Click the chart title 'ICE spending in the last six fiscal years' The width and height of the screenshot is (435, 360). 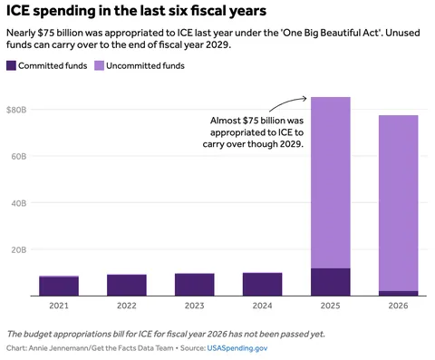pos(136,12)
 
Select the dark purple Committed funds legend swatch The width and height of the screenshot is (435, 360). pos(12,66)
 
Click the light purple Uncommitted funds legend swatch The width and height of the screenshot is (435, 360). pos(99,66)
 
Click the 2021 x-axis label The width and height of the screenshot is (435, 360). pos(59,306)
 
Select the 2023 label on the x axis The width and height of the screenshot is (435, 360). pos(194,306)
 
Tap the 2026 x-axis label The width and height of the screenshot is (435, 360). pos(398,306)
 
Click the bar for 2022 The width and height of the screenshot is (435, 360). pos(127,285)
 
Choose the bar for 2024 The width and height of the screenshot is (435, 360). pos(263,284)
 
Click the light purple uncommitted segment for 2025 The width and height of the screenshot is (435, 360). pos(330,181)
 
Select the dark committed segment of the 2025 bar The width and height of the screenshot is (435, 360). pos(330,282)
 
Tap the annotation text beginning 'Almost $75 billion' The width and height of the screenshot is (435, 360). pos(256,131)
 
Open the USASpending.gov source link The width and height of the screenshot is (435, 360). pos(237,347)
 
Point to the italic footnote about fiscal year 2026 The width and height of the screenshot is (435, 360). pos(165,333)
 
